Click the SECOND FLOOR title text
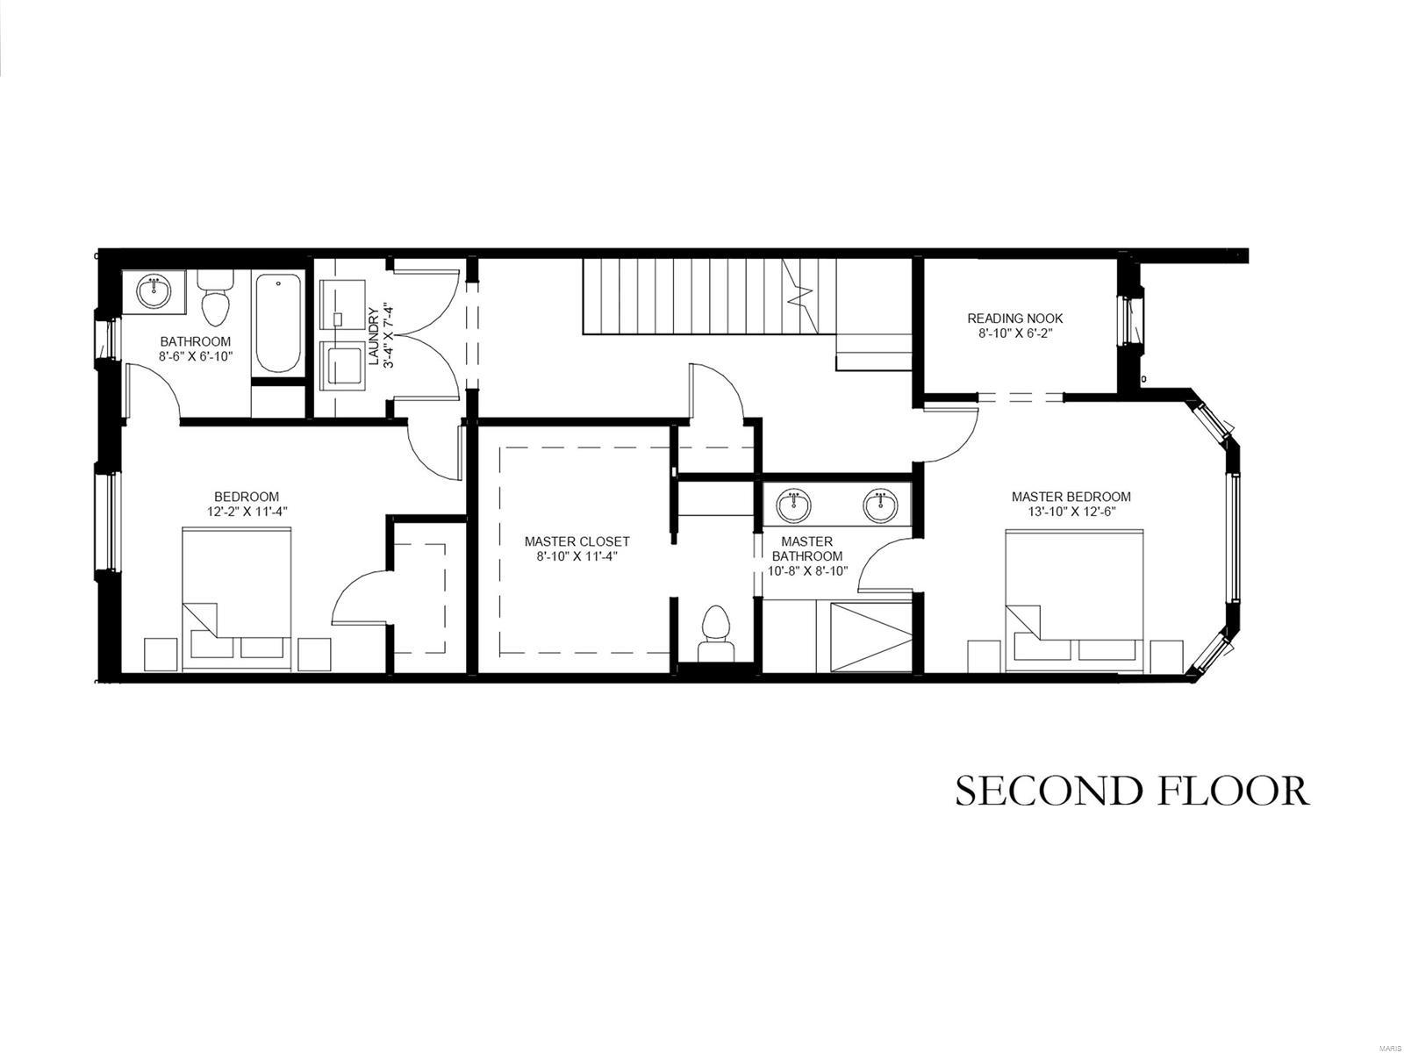click(1132, 791)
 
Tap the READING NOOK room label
click(1015, 319)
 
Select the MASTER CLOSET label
click(577, 541)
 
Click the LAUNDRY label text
click(373, 337)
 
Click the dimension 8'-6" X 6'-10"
click(196, 355)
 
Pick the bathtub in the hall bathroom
click(277, 325)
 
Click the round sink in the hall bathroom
click(155, 291)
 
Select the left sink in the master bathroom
click(793, 505)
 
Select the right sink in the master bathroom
click(880, 505)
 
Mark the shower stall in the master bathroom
click(864, 636)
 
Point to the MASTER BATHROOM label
click(806, 548)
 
